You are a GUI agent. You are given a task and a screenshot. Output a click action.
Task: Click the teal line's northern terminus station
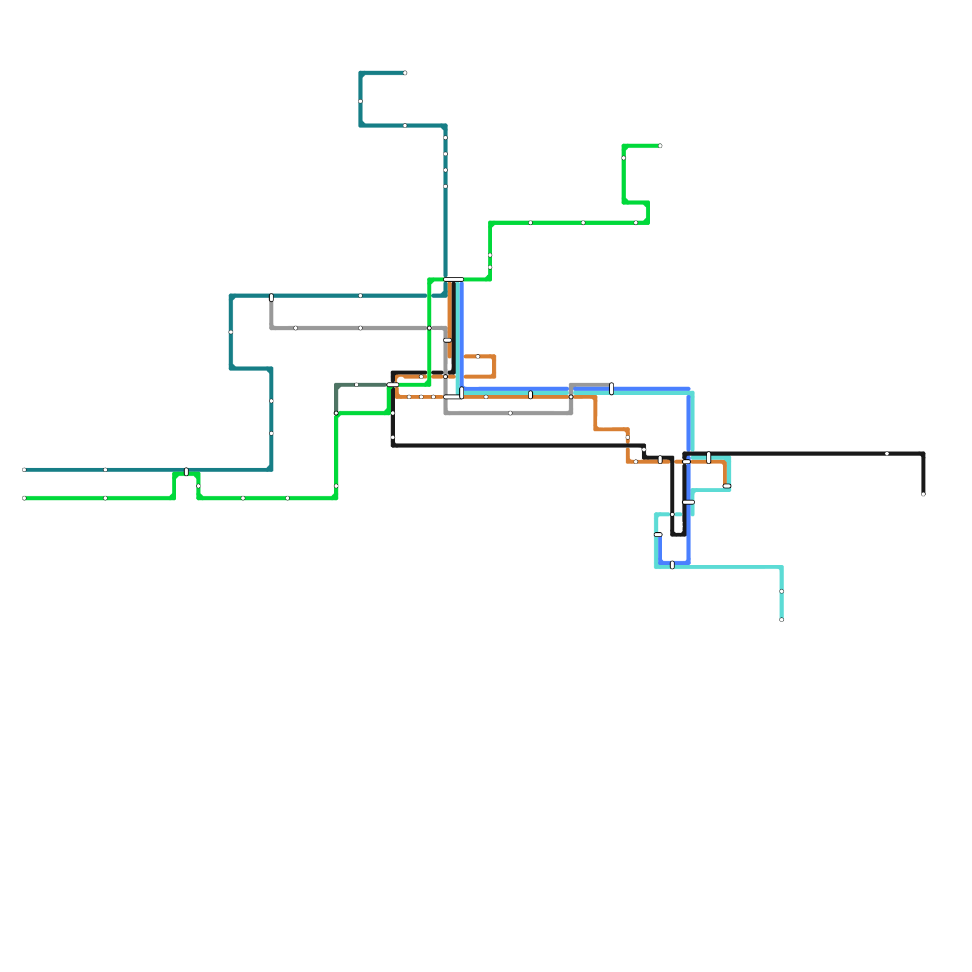[405, 73]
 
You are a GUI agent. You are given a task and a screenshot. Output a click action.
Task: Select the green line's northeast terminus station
[660, 146]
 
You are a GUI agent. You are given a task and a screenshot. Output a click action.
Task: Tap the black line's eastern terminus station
[923, 494]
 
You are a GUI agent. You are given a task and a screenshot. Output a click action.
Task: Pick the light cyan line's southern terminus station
[782, 620]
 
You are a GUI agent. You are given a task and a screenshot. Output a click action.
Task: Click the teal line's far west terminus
[24, 470]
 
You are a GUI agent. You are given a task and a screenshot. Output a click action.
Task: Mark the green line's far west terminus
[24, 498]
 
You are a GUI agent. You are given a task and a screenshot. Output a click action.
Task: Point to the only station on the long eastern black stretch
[887, 454]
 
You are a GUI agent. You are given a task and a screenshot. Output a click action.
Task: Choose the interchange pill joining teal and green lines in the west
[187, 472]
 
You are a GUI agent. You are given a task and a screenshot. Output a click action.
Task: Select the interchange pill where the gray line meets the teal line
[272, 298]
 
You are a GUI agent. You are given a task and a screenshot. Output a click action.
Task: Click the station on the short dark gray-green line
[357, 385]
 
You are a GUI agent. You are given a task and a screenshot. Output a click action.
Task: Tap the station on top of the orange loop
[478, 357]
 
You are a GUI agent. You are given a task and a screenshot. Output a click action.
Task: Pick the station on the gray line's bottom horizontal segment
[510, 413]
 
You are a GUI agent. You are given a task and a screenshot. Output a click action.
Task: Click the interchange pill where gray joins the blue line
[612, 389]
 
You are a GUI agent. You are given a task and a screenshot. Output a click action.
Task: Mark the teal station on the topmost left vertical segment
[360, 101]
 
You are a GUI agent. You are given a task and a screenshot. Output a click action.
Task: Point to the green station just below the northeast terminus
[624, 158]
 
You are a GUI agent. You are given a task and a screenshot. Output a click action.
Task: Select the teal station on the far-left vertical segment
[231, 332]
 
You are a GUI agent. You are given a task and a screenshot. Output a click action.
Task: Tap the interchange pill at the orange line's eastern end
[727, 486]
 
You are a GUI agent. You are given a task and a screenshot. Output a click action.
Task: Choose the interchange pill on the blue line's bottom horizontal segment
[673, 565]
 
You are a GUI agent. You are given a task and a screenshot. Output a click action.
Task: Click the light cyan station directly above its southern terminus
[782, 591]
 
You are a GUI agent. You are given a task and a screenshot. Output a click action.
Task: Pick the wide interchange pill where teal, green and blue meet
[453, 279]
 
